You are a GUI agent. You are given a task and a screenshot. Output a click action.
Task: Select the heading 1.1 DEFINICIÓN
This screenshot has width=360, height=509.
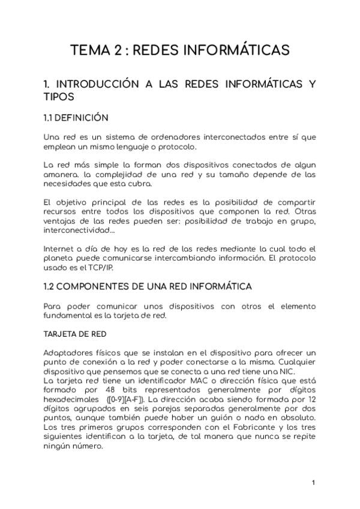click(76, 118)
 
